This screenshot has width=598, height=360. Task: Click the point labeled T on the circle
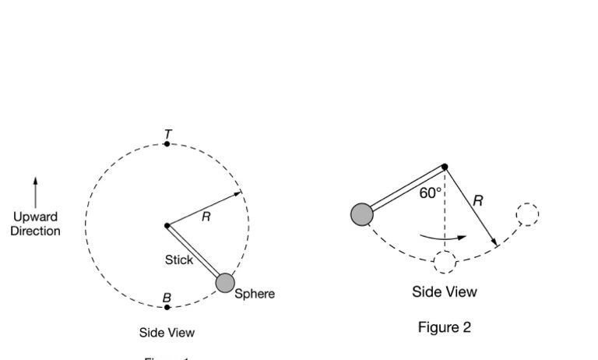tap(167, 144)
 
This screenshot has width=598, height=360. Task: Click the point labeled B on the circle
tap(167, 308)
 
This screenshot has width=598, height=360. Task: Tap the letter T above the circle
tap(167, 135)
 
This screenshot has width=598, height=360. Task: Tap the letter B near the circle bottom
tap(167, 298)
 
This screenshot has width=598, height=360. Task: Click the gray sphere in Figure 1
tap(225, 283)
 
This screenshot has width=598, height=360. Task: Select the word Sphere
tap(255, 295)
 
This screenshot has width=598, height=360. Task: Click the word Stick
tap(178, 260)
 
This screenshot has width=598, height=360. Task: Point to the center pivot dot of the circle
tap(167, 226)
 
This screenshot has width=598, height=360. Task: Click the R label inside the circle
tap(206, 217)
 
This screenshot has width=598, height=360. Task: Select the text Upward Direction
tap(35, 224)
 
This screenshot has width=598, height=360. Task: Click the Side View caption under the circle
tap(167, 333)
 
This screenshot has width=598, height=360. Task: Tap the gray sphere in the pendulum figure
tap(362, 214)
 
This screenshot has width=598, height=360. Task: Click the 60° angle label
tap(431, 193)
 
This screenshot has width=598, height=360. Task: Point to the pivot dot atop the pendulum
tap(445, 166)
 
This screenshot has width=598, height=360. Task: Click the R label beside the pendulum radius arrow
tap(477, 201)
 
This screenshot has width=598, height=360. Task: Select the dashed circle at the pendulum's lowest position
tap(445, 263)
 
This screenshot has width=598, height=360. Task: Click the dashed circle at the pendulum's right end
tap(527, 214)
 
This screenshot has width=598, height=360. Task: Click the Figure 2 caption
tap(444, 327)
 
